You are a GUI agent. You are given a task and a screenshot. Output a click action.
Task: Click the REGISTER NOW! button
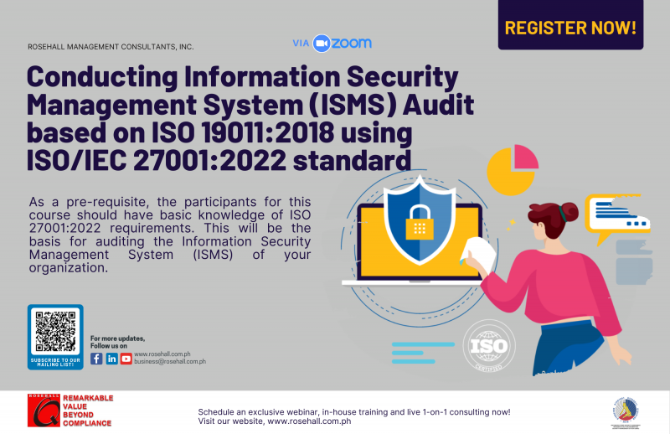(570, 28)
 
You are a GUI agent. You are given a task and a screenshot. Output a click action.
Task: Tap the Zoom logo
(343, 44)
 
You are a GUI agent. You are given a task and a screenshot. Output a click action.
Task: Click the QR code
(55, 333)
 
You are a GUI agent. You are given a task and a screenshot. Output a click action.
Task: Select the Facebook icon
(96, 359)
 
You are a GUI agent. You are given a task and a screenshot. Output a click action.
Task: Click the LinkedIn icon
(111, 359)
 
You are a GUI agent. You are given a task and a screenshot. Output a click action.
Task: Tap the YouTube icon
(126, 359)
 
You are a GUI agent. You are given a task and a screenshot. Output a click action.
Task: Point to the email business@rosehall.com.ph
(169, 361)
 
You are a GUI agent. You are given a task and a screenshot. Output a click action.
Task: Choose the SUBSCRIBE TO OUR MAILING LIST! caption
(55, 362)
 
